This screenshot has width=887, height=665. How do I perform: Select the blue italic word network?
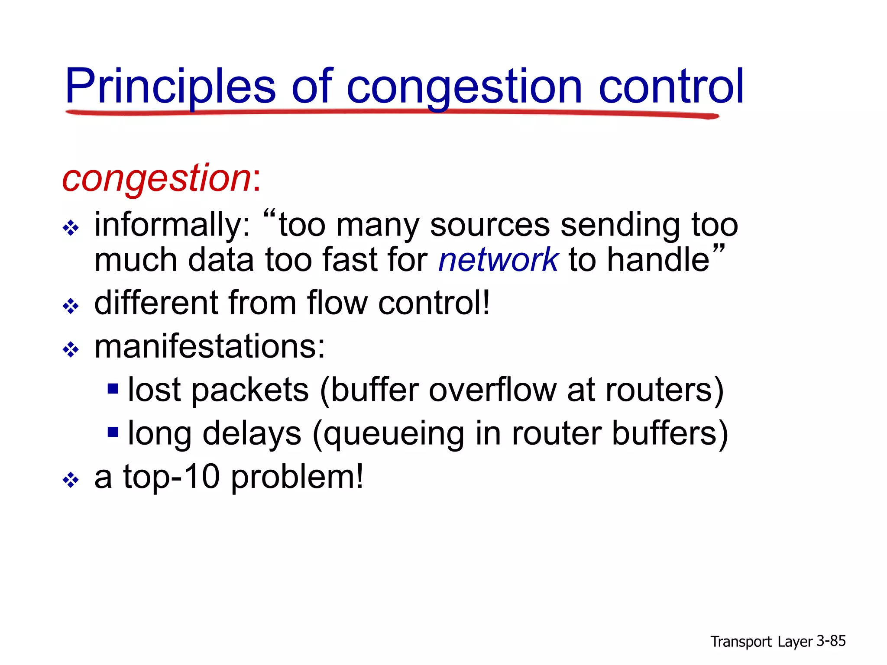(498, 260)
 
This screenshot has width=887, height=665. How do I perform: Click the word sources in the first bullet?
(489, 225)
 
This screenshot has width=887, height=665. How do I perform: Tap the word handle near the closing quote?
(658, 260)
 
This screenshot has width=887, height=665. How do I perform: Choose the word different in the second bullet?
(156, 303)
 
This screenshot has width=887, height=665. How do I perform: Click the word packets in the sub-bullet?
(250, 390)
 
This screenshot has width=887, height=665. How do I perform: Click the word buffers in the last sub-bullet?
(670, 433)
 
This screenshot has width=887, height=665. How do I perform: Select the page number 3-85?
(831, 641)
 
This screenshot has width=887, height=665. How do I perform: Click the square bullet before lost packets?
(113, 388)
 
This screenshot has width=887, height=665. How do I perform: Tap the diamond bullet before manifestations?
(71, 349)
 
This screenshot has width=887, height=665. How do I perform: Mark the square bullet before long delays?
(113, 432)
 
